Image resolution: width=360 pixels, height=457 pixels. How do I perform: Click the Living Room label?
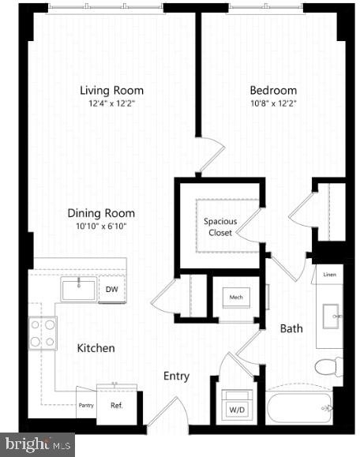(x=111, y=90)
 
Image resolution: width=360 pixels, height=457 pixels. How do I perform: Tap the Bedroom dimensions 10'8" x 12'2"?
(x=273, y=103)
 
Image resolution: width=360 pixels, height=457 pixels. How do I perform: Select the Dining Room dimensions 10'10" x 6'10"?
(x=101, y=227)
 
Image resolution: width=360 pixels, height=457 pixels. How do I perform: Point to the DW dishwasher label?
(x=112, y=289)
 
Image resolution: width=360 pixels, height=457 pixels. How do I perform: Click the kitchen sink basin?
(x=79, y=289)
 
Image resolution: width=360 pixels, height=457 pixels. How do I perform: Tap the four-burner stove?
(x=43, y=333)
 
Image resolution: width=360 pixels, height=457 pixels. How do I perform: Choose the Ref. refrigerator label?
(x=117, y=405)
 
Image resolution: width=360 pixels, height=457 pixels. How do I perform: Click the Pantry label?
(x=86, y=406)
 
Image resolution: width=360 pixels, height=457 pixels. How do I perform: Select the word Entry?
(x=176, y=376)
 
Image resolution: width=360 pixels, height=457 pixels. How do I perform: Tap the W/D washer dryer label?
(x=237, y=410)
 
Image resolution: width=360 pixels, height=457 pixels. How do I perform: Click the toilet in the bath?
(x=328, y=367)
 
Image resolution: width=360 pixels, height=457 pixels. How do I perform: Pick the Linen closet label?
(x=330, y=275)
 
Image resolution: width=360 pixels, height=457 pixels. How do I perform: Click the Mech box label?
(x=236, y=298)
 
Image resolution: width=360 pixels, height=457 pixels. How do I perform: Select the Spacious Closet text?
(x=220, y=227)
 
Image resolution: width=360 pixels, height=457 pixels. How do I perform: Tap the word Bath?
(x=291, y=329)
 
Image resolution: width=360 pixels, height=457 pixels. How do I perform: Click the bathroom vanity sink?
(x=332, y=317)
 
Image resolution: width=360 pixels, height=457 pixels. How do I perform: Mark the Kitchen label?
(x=96, y=348)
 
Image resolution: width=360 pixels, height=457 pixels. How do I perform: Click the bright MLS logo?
(x=37, y=444)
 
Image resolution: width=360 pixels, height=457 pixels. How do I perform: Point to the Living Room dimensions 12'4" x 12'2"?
(x=112, y=103)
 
